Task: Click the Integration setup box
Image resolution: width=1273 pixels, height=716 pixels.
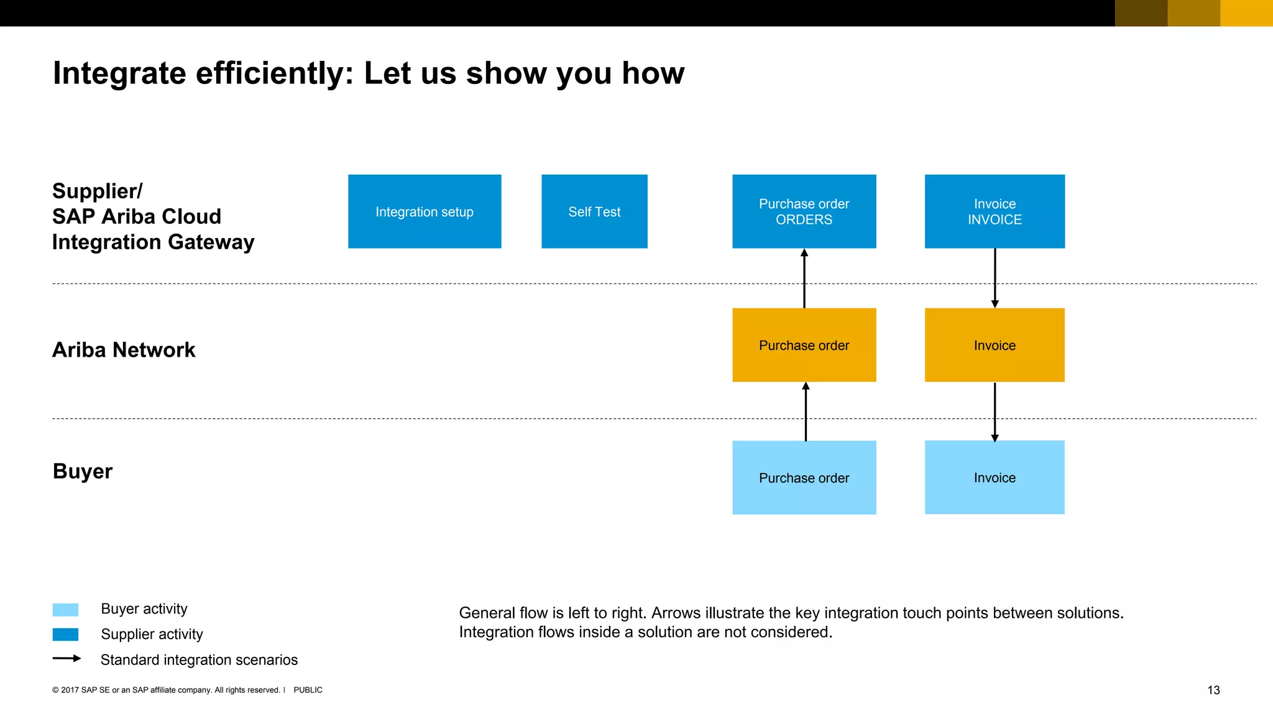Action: [x=425, y=211]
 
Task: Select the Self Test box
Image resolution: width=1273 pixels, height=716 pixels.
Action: [x=594, y=211]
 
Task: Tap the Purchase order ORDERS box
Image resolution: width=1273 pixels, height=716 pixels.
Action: [x=804, y=211]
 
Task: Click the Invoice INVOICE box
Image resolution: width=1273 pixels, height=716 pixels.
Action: [x=995, y=211]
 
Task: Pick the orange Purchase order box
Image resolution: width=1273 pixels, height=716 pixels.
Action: [x=804, y=345]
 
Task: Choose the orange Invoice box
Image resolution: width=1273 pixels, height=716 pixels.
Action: [x=995, y=345]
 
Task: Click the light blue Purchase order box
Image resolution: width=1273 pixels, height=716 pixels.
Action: [x=804, y=477]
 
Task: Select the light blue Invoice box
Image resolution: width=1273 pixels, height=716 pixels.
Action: [x=995, y=477]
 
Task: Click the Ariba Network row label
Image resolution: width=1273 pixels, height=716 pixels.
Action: [x=124, y=350]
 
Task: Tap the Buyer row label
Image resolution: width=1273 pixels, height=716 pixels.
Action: [x=83, y=471]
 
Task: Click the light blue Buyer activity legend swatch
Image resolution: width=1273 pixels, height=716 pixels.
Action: [x=65, y=609]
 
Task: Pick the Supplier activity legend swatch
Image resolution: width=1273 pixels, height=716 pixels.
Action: [x=65, y=635]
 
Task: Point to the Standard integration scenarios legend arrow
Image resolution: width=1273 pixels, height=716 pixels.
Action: [x=67, y=658]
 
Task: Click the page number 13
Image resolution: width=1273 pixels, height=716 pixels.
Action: [x=1213, y=690]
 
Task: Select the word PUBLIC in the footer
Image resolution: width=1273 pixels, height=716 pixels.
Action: [x=308, y=690]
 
